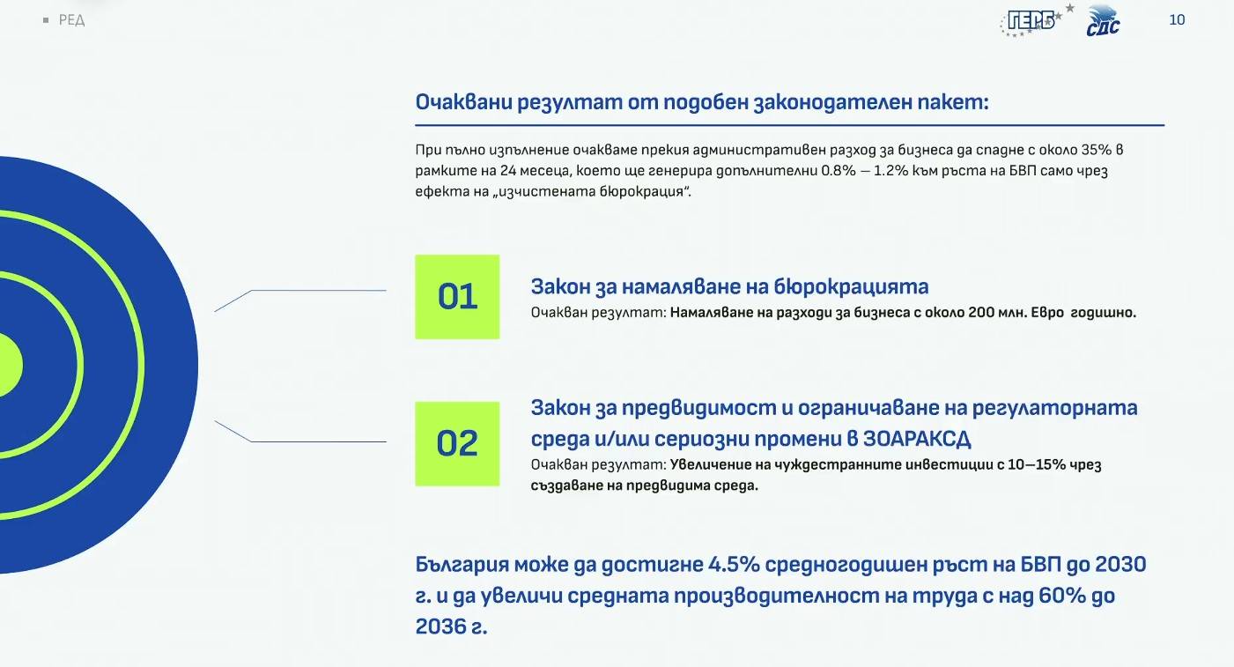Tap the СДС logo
[x=1103, y=21]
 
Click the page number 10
[x=1177, y=19]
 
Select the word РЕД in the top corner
[x=71, y=20]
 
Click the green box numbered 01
[x=457, y=297]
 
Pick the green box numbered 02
[x=457, y=443]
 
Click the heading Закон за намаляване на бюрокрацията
[x=729, y=286]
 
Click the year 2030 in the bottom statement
[x=1120, y=564]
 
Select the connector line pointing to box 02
[x=317, y=441]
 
